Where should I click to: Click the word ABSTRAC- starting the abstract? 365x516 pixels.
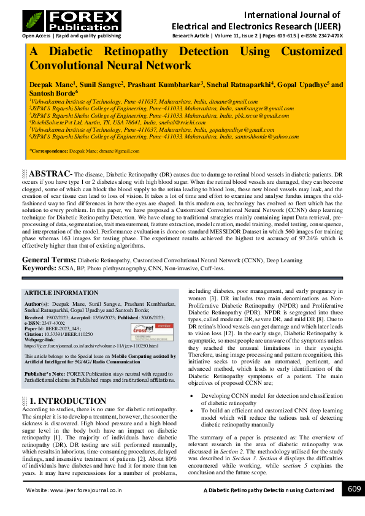point(52,174)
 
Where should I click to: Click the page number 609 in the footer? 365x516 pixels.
point(354,488)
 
